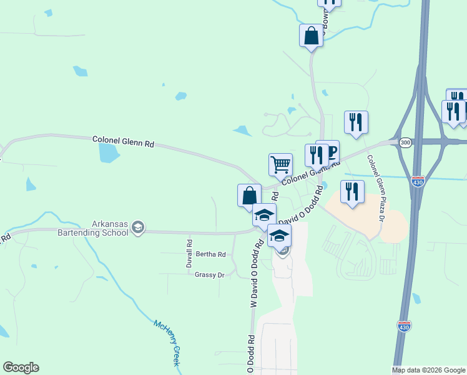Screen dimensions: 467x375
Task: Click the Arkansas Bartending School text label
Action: click(110, 228)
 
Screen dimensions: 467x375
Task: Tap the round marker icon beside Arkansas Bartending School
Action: click(139, 229)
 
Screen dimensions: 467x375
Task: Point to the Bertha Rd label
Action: click(210, 254)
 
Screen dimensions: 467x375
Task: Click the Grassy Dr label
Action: click(209, 274)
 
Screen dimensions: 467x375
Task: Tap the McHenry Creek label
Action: click(168, 342)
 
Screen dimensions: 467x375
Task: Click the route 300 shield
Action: click(405, 142)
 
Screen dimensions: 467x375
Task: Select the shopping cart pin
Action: click(281, 164)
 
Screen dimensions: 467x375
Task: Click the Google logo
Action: click(21, 367)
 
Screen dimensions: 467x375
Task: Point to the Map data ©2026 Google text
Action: click(428, 370)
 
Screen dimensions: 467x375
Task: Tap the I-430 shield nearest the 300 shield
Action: click(418, 181)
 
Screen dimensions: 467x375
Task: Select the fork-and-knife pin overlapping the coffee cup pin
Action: click(316, 155)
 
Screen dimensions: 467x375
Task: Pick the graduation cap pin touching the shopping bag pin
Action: click(264, 215)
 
